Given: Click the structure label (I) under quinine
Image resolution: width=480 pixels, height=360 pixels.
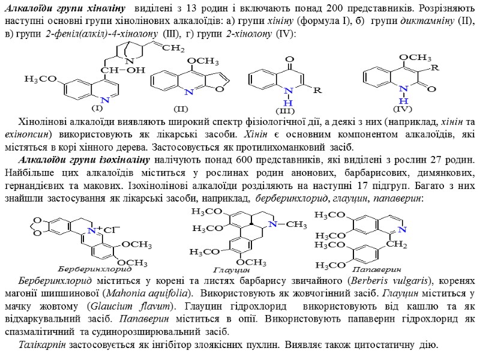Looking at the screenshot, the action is pyautogui.click(x=97, y=109).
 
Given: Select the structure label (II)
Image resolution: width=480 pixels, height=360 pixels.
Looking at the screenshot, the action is pyautogui.click(x=181, y=109).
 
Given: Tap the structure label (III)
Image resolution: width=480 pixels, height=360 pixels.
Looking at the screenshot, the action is pyautogui.click(x=286, y=112).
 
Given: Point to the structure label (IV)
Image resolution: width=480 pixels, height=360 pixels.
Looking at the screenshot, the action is pyautogui.click(x=402, y=109).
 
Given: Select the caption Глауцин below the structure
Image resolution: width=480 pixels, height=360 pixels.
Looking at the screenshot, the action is pyautogui.click(x=227, y=271).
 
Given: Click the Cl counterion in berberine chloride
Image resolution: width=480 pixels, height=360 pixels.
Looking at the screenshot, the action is pyautogui.click(x=112, y=230).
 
